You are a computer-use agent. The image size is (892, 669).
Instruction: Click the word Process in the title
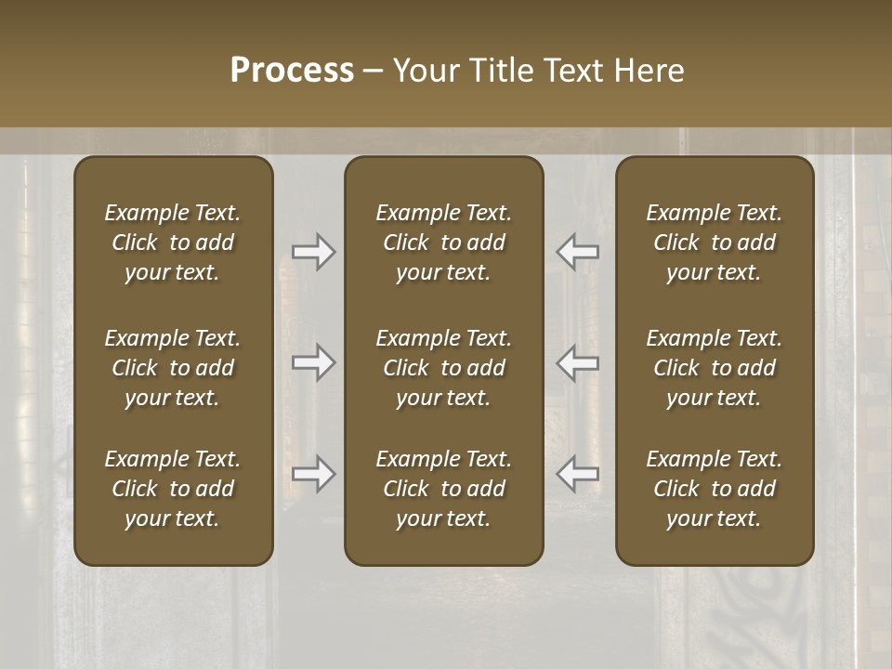[292, 71]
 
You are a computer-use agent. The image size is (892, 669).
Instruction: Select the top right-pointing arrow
[313, 252]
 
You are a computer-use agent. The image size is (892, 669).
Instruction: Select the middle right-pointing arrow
[313, 362]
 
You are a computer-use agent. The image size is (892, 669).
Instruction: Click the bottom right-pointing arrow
[313, 474]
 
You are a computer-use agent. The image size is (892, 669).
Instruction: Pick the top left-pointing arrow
[577, 252]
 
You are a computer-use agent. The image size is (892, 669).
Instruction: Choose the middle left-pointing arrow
[577, 362]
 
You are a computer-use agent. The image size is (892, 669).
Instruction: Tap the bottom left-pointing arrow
[577, 474]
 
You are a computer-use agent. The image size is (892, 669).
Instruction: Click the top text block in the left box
[173, 243]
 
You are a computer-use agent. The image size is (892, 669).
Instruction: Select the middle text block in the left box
[173, 368]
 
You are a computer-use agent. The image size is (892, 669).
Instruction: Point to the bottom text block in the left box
[173, 489]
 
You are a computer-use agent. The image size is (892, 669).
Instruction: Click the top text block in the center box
[443, 243]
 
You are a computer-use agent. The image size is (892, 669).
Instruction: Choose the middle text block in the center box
[443, 368]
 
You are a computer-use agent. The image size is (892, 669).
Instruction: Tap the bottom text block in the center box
[443, 489]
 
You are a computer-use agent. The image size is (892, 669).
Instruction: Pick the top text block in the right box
[714, 243]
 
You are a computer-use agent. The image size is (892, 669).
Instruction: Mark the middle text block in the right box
[714, 368]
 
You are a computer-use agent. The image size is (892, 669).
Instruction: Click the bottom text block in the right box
[714, 489]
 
